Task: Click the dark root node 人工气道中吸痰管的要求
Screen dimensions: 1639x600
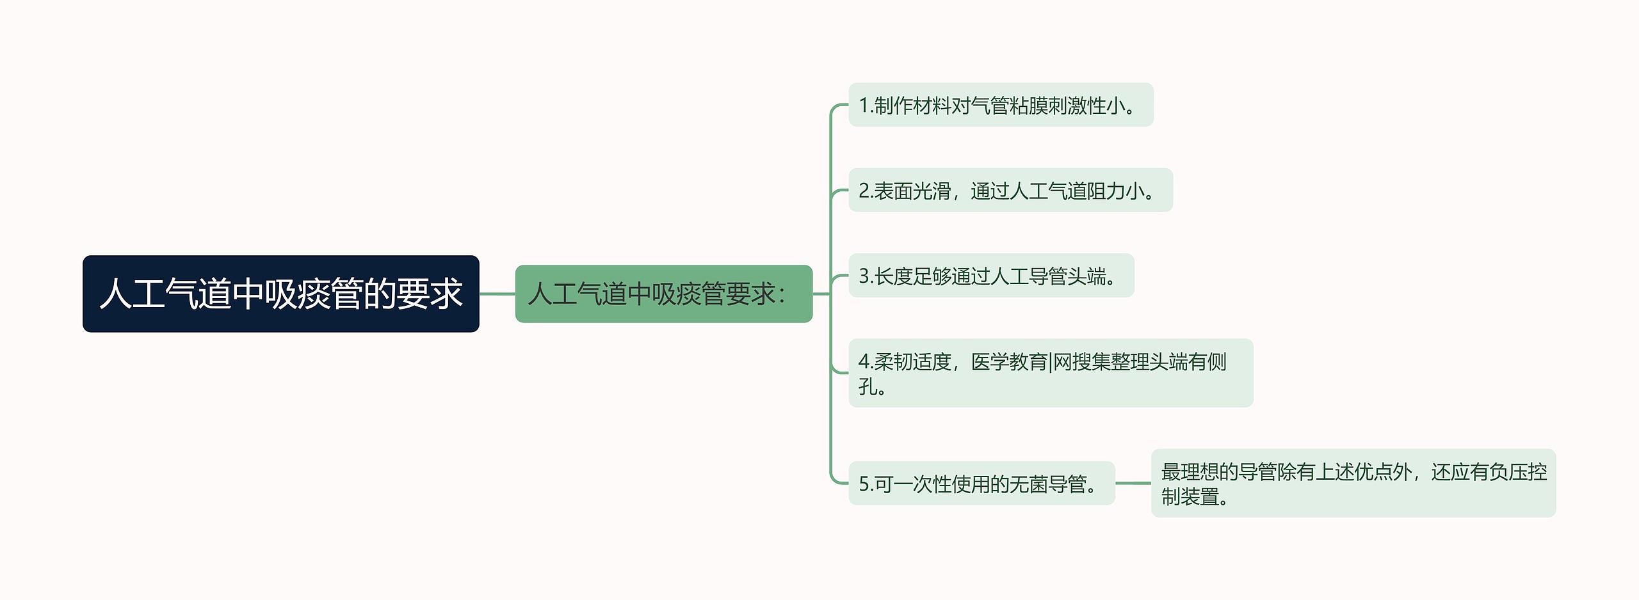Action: click(280, 294)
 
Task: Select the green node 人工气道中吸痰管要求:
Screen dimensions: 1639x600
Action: click(663, 294)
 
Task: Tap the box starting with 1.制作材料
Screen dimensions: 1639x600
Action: click(1000, 105)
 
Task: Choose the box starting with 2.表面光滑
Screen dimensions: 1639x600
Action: click(1010, 191)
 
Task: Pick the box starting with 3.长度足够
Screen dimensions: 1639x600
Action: click(990, 276)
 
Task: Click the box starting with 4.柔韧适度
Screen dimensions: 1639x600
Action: click(1050, 373)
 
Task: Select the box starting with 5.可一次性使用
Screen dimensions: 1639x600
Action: click(981, 484)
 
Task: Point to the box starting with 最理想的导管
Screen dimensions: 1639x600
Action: click(1353, 484)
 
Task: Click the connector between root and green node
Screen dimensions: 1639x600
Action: click(497, 294)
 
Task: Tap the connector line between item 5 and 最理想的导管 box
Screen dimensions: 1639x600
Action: click(1133, 484)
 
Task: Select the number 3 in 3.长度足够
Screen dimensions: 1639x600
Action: click(864, 276)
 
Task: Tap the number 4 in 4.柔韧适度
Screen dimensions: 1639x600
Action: click(864, 362)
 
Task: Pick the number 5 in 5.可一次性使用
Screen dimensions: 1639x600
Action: click(864, 484)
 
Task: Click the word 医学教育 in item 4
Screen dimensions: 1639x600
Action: click(1009, 362)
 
